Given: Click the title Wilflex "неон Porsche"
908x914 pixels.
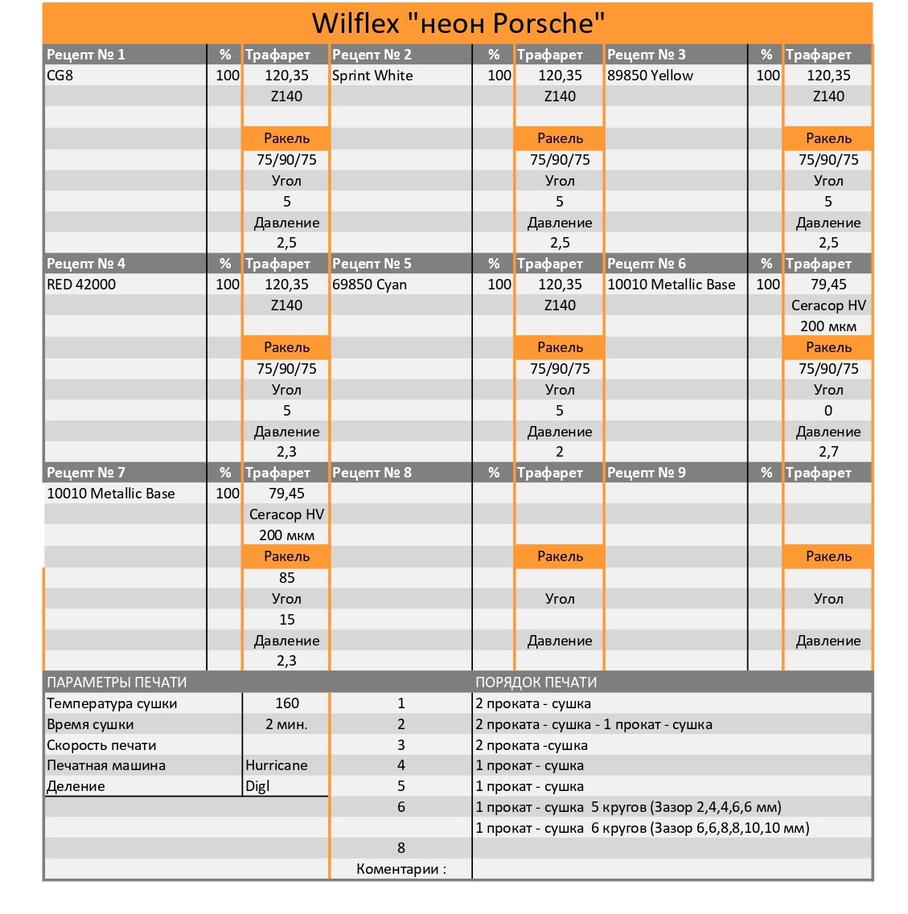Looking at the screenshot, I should pos(458,23).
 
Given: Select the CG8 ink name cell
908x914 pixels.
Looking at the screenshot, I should pos(60,76).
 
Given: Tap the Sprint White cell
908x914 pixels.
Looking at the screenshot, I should pos(372,76).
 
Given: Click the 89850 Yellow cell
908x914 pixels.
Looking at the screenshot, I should pos(650,76).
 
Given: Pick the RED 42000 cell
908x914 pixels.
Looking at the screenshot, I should pos(81,285).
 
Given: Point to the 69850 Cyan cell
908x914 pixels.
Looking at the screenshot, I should pos(369,285).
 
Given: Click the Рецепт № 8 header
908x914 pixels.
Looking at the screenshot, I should pos(372,473).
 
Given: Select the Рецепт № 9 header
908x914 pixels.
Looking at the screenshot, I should pos(647,473).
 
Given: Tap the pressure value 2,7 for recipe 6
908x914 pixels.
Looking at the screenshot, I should pos(828,452).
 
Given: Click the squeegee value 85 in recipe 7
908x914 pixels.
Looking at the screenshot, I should pos(287,578).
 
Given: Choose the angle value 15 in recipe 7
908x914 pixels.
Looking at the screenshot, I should pos(287,620).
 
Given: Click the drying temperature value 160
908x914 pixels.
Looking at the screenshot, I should pos(287,703).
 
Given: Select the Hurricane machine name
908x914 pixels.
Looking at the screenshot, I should pos(277,765).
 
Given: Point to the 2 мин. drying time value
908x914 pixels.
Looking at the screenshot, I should pos(287,724).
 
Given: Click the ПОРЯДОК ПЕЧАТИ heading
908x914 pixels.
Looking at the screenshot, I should pos(536,682).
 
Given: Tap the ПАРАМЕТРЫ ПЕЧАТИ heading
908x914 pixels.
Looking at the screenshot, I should pos(117,682).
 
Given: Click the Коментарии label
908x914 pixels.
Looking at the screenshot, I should pos(401,869).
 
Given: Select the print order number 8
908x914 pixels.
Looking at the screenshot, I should pos(401,848).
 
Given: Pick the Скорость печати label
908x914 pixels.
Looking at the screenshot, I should pos(101,745).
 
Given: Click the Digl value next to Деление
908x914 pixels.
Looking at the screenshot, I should pos(257,786).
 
